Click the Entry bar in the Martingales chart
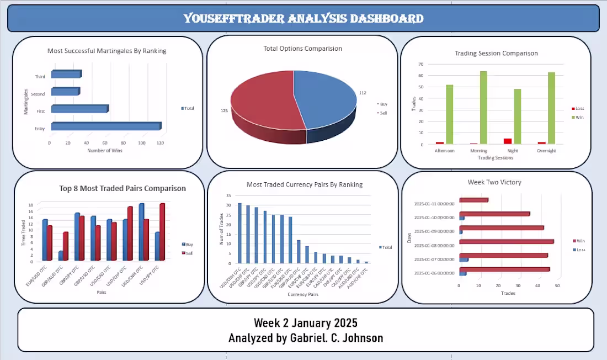tap(105, 126)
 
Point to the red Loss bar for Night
tap(508, 141)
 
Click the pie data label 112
tap(363, 93)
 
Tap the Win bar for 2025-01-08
tap(506, 241)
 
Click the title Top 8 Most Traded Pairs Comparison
tap(123, 188)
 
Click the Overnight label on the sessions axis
tap(545, 151)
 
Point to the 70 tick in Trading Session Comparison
tap(420, 63)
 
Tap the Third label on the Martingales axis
tap(40, 77)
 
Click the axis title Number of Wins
tap(105, 150)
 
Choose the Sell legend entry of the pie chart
tap(383, 113)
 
